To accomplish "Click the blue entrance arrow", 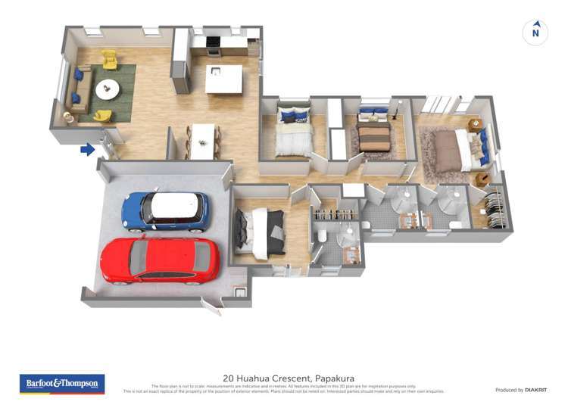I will [88, 150].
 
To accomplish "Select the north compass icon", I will [535, 33].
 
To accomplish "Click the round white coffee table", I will [107, 89].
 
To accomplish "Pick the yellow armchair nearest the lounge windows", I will [109, 58].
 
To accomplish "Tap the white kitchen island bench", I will [224, 79].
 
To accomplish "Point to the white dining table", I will [202, 142].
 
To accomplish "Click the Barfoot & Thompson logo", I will [62, 384].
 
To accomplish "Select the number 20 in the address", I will [228, 378].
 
